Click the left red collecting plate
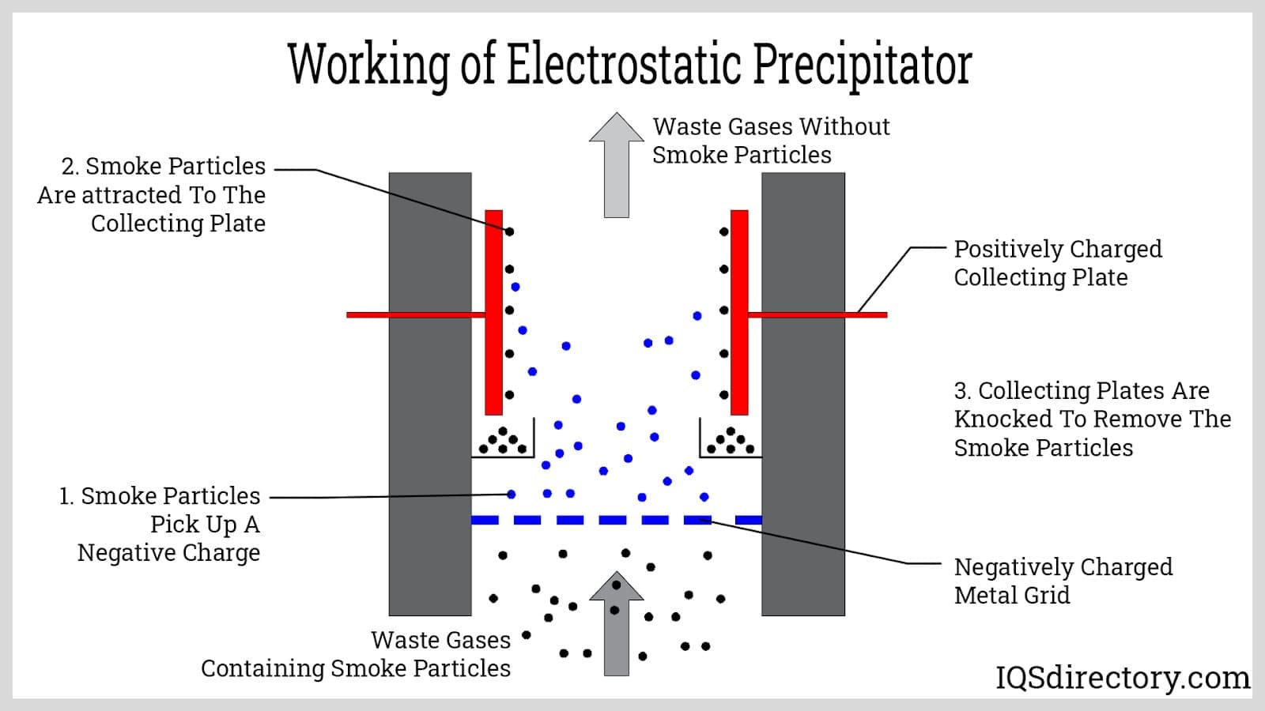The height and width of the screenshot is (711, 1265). click(493, 312)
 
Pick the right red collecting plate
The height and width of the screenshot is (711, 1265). click(739, 312)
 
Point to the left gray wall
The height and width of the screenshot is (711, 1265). click(430, 395)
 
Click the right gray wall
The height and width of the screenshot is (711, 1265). click(802, 395)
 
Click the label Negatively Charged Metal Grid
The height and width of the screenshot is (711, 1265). click(1062, 581)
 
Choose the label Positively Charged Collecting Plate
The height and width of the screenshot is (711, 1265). click(1057, 263)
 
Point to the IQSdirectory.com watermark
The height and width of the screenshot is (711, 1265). click(1122, 678)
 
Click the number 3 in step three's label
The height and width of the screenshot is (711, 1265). click(961, 391)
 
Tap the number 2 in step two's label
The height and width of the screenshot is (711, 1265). click(68, 167)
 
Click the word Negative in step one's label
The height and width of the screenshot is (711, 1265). click(127, 553)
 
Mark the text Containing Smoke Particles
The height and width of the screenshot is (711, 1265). click(355, 668)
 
